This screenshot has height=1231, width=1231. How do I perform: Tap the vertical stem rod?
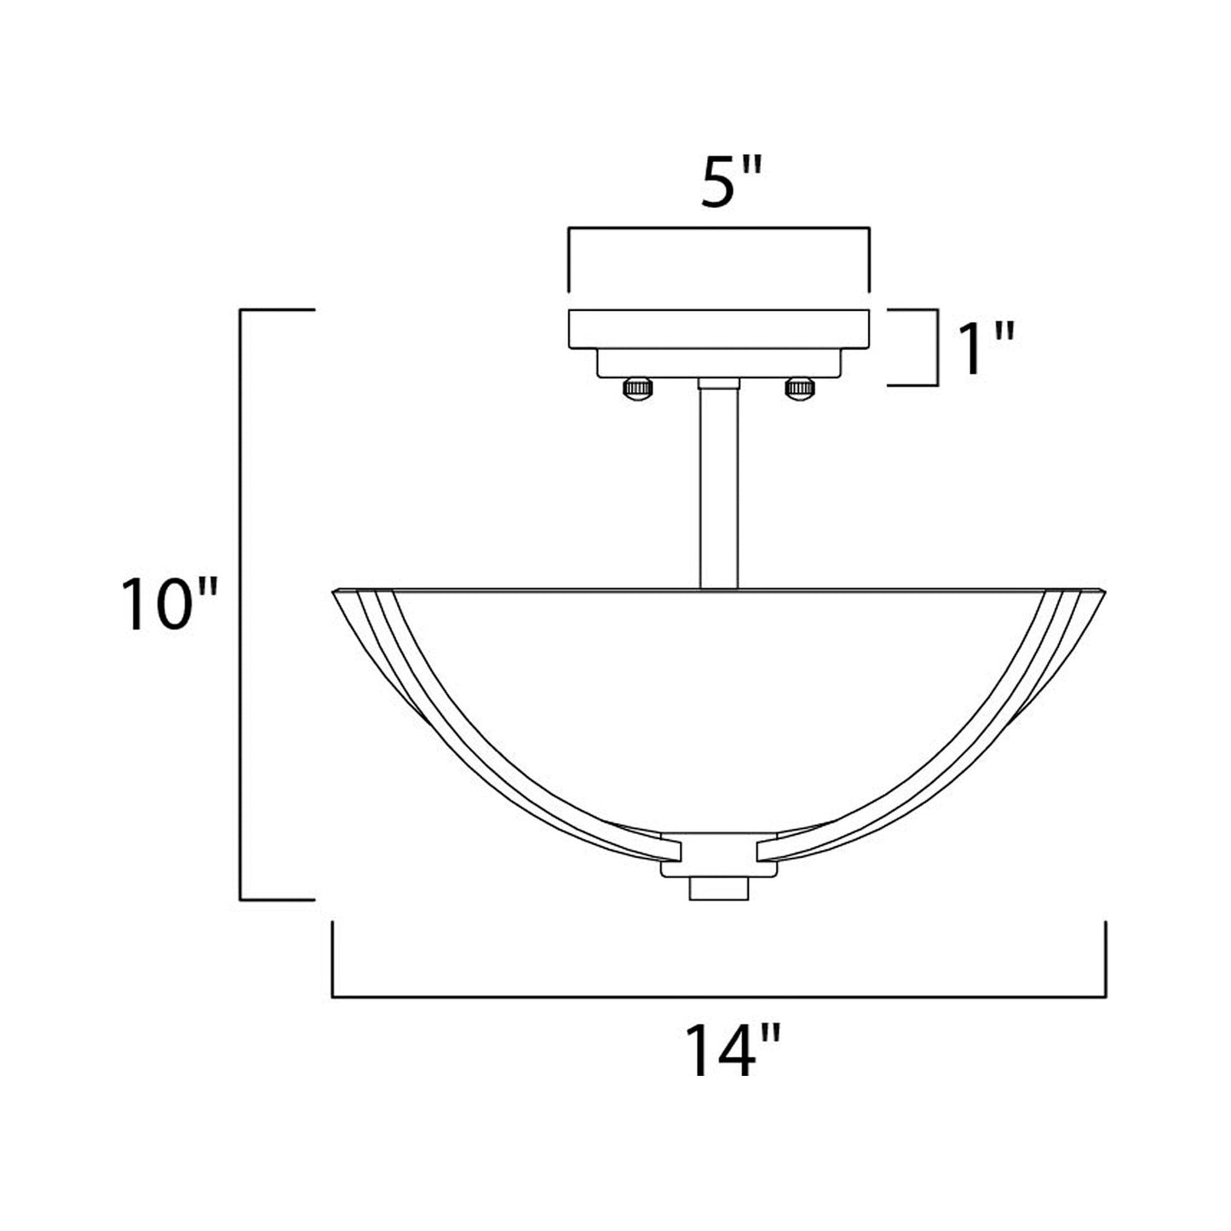(x=718, y=486)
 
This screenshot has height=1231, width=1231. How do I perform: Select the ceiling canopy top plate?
(x=718, y=329)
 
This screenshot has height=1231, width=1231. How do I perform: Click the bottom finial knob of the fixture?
(x=718, y=888)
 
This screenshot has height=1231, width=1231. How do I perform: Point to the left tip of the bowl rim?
(x=334, y=590)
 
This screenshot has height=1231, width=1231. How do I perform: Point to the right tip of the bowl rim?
(x=1102, y=590)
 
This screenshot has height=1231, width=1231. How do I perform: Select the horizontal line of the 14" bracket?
(x=718, y=996)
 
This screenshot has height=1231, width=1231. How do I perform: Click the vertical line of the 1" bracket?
(x=937, y=348)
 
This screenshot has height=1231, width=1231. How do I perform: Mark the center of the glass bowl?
(x=718, y=707)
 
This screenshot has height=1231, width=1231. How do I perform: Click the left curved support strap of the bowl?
(x=477, y=750)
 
